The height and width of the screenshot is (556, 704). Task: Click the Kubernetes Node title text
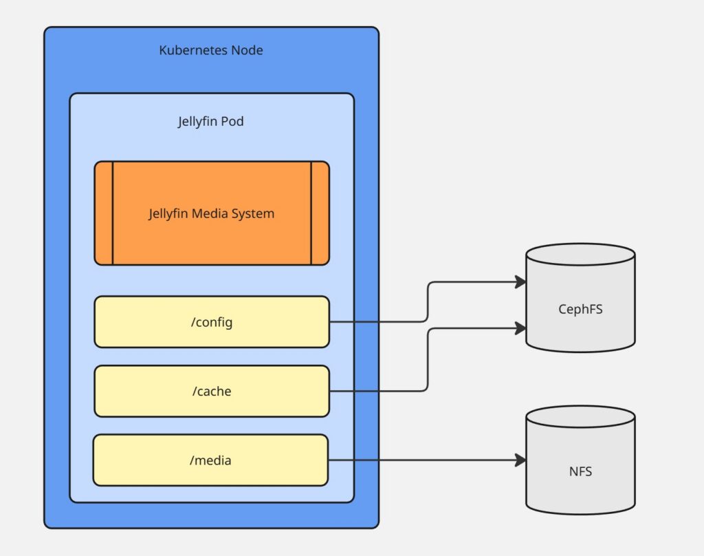click(211, 50)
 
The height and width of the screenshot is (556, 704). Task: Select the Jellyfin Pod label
click(211, 122)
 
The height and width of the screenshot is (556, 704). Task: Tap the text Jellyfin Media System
click(211, 213)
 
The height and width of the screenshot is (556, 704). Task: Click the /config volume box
click(212, 321)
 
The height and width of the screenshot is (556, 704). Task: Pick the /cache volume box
click(212, 391)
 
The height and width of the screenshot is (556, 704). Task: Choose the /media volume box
click(210, 460)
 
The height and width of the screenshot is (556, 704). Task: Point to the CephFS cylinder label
click(580, 309)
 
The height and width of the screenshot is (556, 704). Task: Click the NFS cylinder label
click(580, 471)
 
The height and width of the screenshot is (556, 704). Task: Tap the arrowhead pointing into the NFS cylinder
click(520, 460)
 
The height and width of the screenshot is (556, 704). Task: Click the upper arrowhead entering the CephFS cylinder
click(520, 281)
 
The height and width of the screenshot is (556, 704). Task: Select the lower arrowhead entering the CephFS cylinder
click(520, 329)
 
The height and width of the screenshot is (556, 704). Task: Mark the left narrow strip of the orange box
click(104, 213)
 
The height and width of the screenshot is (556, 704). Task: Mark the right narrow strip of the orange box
click(320, 213)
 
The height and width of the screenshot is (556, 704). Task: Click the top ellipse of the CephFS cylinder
click(580, 255)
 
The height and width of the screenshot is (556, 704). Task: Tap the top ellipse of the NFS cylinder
click(580, 417)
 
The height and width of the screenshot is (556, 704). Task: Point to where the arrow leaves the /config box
click(331, 321)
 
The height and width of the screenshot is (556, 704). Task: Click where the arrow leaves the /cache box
click(331, 392)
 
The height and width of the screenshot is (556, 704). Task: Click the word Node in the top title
click(247, 50)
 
